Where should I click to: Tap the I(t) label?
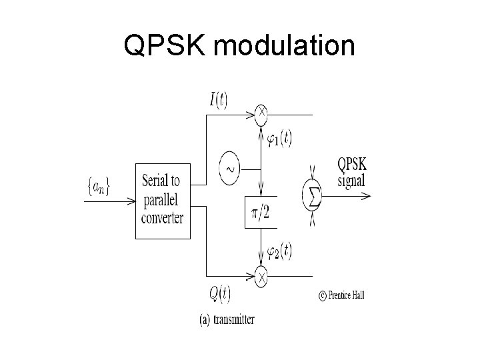click(x=218, y=100)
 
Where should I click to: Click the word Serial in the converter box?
click(x=161, y=181)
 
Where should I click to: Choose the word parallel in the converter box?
click(x=162, y=199)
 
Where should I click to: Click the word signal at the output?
click(x=352, y=180)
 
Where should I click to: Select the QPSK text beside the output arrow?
click(x=352, y=165)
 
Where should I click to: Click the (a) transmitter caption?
click(x=227, y=320)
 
